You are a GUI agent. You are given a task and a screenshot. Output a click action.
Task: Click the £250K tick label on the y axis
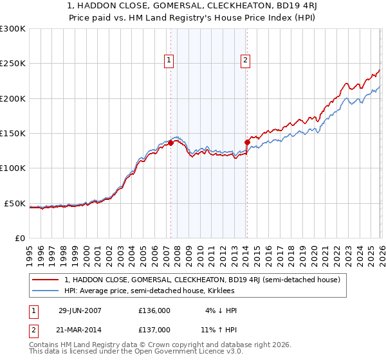pyautogui.click(x=13, y=64)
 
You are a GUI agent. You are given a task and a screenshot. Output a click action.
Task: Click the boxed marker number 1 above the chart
pyautogui.click(x=169, y=60)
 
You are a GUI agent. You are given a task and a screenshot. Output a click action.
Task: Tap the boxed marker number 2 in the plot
pyautogui.click(x=245, y=60)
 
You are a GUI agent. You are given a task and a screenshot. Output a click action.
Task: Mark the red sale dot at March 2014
pyautogui.click(x=246, y=142)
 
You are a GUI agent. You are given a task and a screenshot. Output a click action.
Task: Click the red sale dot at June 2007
pyautogui.click(x=170, y=143)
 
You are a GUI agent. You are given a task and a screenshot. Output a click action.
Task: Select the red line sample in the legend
pyautogui.click(x=46, y=279)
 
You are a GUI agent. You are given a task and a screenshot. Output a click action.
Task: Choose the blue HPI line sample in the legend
pyautogui.click(x=46, y=291)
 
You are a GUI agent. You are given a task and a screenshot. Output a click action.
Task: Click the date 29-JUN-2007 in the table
pyautogui.click(x=80, y=310)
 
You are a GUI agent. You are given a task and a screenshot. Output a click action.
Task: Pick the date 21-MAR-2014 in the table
pyautogui.click(x=80, y=329)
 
